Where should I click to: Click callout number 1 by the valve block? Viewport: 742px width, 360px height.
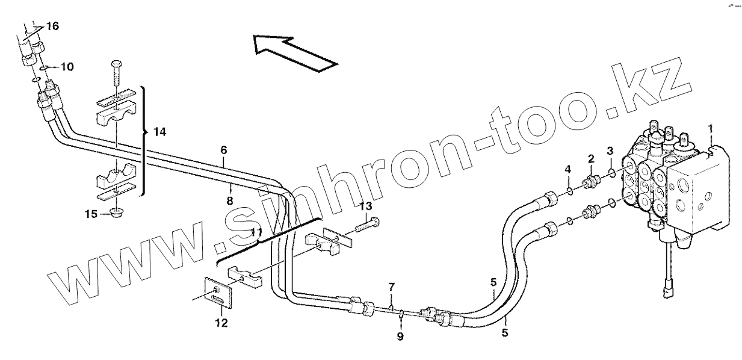pos(710,128)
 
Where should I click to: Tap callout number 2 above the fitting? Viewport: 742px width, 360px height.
pos(591,158)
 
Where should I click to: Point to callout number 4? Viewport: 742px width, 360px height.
pos(567,170)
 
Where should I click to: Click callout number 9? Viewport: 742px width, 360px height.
pos(400,336)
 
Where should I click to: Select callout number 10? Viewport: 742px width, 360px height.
pos(67,67)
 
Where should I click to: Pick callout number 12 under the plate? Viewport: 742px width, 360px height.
pos(221,323)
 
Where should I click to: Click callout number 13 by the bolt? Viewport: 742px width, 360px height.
pos(365,206)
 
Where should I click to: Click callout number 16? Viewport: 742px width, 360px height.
pos(52,26)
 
